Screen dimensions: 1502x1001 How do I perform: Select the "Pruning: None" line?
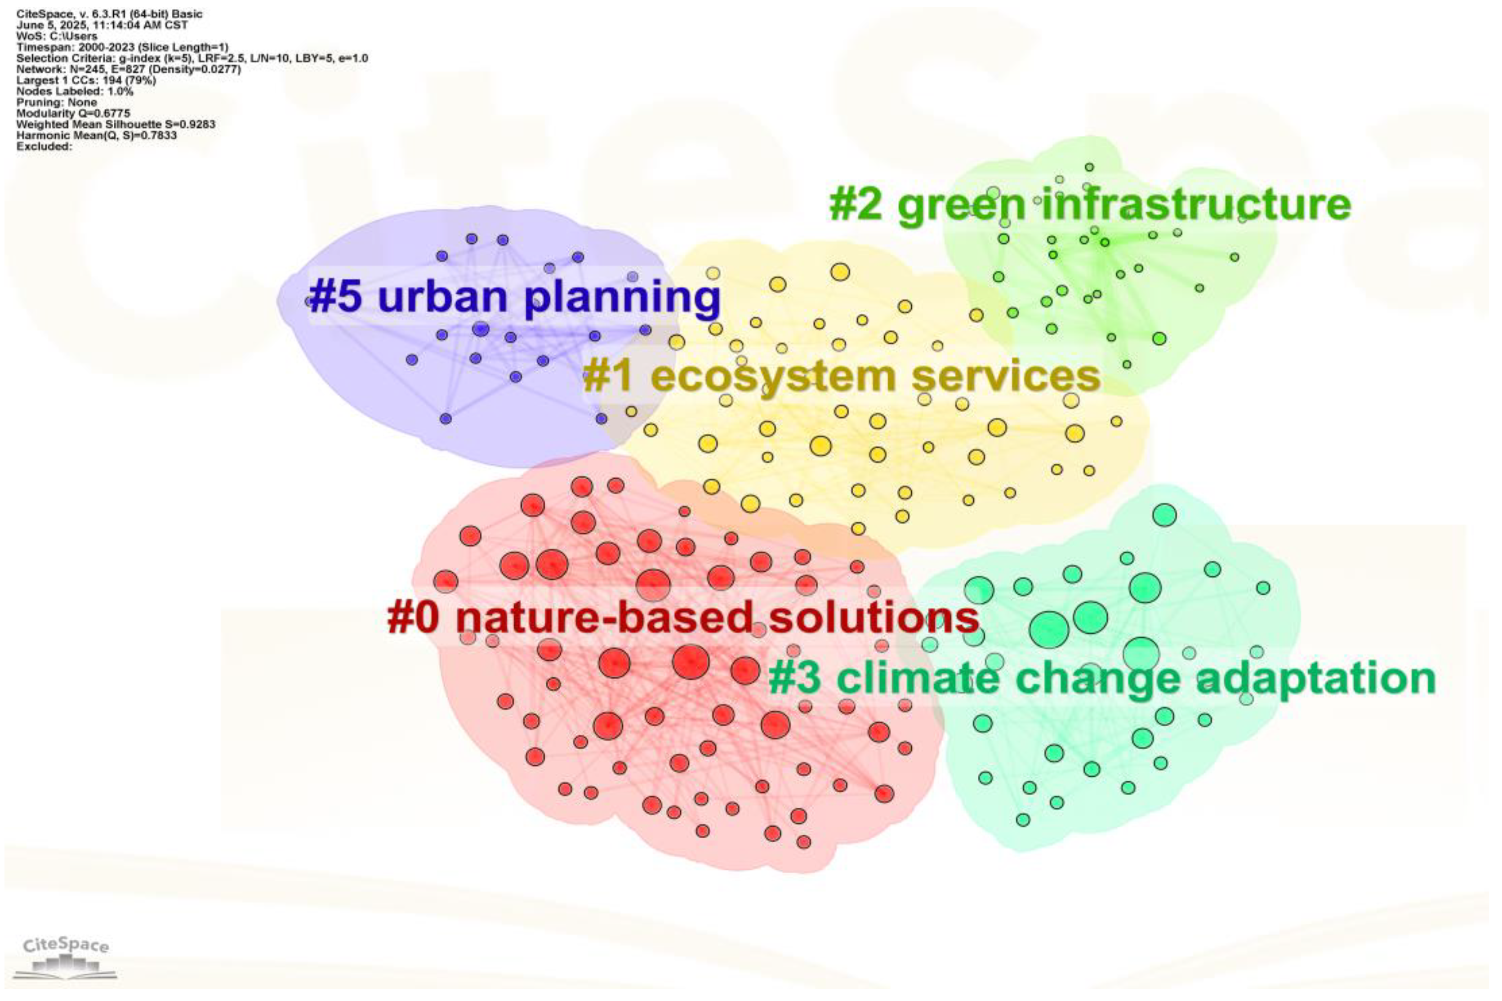coord(57,102)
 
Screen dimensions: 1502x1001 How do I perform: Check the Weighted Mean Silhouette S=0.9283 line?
coord(116,125)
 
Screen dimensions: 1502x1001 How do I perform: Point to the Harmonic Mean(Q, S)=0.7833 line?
coord(96,135)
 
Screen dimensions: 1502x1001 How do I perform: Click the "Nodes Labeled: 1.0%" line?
coord(75,91)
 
